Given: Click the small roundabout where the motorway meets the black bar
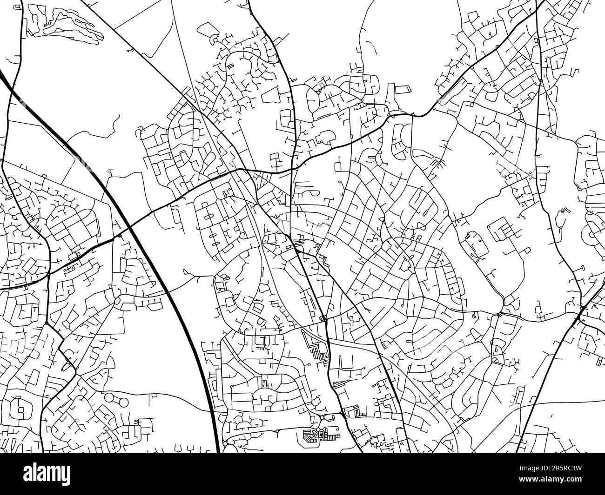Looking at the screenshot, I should point(225,445).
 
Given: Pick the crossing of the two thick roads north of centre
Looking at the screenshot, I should point(292,170).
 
